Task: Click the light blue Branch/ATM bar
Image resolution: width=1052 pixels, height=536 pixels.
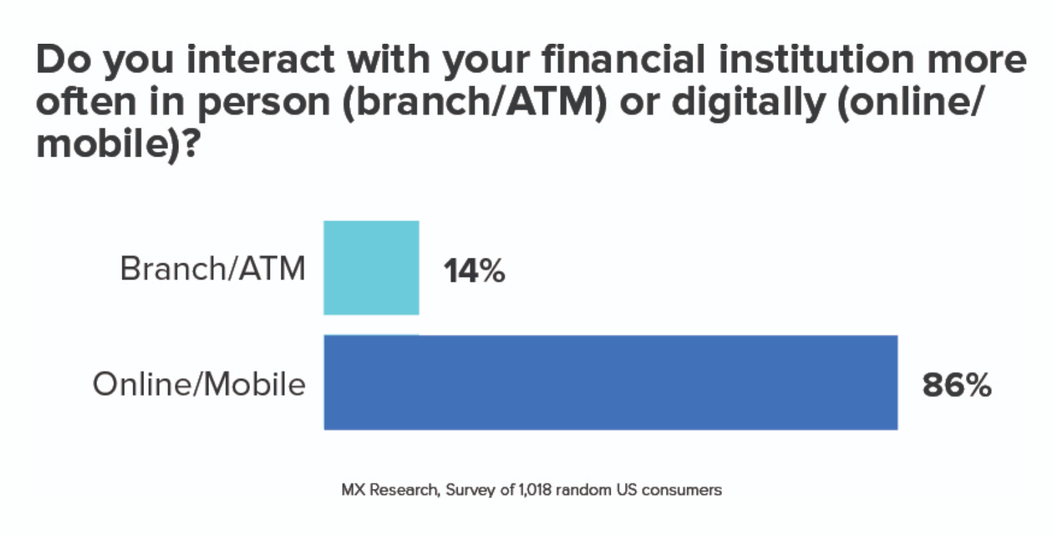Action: click(371, 267)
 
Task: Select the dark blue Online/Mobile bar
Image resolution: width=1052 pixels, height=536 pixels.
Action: click(611, 382)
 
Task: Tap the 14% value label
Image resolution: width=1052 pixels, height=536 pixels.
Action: click(474, 271)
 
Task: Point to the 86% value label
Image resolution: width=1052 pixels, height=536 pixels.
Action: click(956, 385)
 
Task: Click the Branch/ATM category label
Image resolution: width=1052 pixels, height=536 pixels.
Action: click(212, 269)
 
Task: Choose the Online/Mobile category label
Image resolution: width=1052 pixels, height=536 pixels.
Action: click(199, 384)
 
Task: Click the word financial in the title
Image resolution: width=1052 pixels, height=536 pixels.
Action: click(623, 59)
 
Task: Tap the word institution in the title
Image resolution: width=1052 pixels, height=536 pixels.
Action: click(816, 59)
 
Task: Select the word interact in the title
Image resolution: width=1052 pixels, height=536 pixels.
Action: click(261, 59)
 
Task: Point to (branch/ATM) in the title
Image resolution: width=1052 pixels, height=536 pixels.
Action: click(475, 103)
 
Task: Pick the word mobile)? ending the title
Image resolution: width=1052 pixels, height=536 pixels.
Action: click(118, 144)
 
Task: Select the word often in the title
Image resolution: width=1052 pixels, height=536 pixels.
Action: click(86, 102)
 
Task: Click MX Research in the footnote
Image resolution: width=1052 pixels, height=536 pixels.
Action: click(391, 490)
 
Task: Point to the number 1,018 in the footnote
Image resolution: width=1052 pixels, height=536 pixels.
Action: click(535, 490)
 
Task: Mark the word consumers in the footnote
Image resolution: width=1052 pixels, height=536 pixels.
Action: click(682, 490)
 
